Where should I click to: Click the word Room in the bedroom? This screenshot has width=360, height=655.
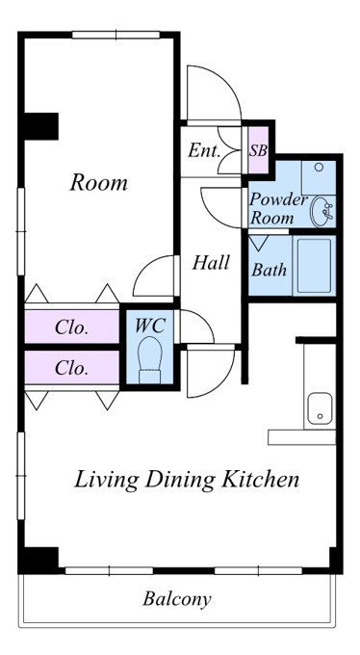point(98,183)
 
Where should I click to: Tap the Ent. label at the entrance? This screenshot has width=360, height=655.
point(203,150)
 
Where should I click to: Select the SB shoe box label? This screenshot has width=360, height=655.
point(258,150)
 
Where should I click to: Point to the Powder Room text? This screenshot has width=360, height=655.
point(278,208)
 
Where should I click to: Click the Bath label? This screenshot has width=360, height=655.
point(269,270)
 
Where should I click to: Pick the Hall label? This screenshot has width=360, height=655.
point(211,263)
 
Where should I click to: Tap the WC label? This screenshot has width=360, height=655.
point(150,326)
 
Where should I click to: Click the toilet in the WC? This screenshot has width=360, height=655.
point(149,359)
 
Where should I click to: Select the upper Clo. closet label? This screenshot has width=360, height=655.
point(72,327)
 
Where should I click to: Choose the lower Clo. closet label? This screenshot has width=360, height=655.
point(72,368)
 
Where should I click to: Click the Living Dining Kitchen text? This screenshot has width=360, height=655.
point(187,479)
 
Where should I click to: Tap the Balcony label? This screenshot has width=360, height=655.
point(177,599)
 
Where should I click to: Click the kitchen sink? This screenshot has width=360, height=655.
point(320,408)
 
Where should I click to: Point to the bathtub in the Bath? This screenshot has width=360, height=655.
point(314,266)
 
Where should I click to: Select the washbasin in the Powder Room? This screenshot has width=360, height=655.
point(321,211)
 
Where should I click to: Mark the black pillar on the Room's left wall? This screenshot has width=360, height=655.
point(41,126)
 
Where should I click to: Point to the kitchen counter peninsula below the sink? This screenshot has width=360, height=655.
point(301,437)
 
